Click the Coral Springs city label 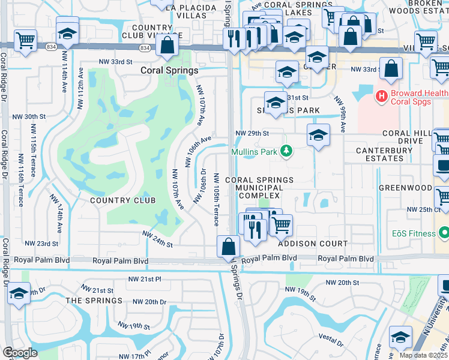coord(169,70)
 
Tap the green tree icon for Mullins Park coord(287,151)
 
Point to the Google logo coord(20,352)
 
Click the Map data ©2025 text coord(423,355)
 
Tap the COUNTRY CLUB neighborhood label coord(123,200)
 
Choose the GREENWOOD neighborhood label coord(405,188)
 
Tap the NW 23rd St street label coord(41,244)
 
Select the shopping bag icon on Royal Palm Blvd coord(229,247)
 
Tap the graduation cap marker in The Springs coord(18,294)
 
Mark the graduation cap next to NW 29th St coord(318,135)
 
